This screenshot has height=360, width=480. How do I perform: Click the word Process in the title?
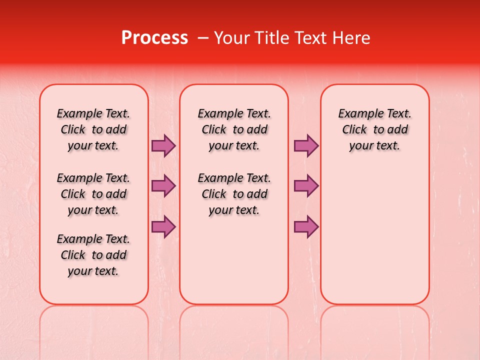click(154, 38)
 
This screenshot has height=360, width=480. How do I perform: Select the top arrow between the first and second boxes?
click(163, 146)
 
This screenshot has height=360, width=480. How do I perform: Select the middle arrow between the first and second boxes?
click(163, 186)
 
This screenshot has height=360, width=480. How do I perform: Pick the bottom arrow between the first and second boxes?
click(163, 227)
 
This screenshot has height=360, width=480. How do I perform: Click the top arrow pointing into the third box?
click(306, 146)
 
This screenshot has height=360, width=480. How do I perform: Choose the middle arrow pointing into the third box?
click(306, 186)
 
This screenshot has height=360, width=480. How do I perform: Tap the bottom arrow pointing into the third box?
click(306, 227)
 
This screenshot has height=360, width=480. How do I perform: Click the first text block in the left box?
click(93, 129)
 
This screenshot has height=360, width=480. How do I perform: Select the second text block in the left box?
click(93, 194)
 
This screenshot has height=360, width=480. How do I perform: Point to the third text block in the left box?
click(93, 255)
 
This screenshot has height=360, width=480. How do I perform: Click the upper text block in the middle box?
click(234, 129)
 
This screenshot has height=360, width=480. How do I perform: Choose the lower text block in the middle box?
click(234, 194)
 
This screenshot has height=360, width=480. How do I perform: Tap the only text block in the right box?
click(374, 129)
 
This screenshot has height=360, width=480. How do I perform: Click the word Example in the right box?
click(357, 114)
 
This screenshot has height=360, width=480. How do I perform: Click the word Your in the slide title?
click(231, 38)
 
